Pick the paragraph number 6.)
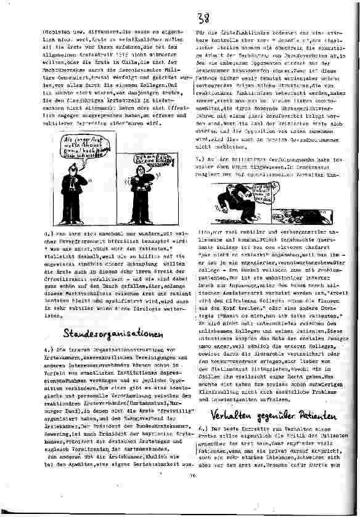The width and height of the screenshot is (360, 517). pos(202,426)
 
